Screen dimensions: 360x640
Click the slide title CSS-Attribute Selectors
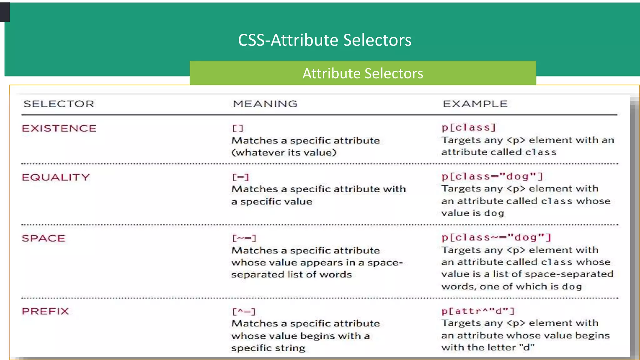click(x=324, y=40)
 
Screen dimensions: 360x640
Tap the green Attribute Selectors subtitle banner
click(x=362, y=73)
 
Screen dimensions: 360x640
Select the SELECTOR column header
click(x=59, y=104)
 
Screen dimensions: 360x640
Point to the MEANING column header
click(x=265, y=104)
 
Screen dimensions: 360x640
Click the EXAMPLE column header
click(x=475, y=104)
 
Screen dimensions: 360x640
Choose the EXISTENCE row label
click(x=59, y=128)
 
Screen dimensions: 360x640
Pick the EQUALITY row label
click(x=56, y=177)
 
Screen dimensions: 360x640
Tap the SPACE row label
click(x=43, y=238)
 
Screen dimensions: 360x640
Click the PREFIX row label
click(x=45, y=311)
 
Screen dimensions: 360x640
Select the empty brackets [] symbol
click(x=237, y=128)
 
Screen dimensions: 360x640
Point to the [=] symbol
click(x=240, y=177)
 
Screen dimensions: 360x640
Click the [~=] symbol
click(x=244, y=238)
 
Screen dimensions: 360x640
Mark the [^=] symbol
click(x=244, y=312)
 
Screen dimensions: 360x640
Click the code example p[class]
click(x=468, y=127)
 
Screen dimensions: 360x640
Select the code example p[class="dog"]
click(x=492, y=176)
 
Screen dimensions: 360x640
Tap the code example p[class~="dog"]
click(x=496, y=237)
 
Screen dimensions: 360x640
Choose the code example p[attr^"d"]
click(x=478, y=311)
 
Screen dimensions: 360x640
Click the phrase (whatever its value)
click(x=284, y=152)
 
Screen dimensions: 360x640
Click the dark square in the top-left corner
click(x=5, y=12)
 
